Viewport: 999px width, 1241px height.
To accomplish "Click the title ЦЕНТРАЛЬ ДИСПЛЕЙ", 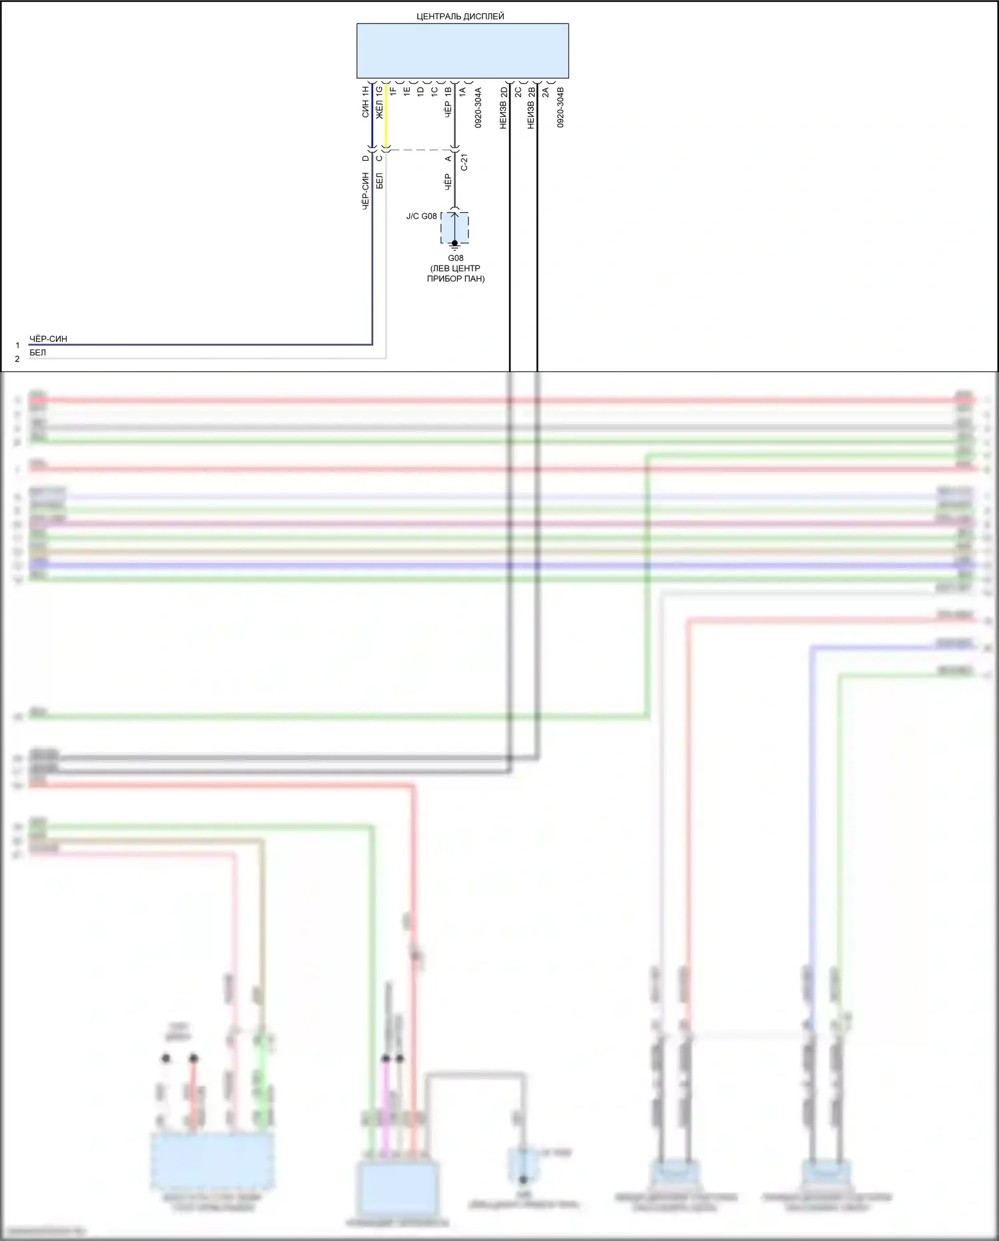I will click(460, 16).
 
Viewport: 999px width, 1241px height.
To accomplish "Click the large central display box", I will click(463, 51).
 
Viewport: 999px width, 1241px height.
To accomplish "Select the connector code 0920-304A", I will click(478, 107).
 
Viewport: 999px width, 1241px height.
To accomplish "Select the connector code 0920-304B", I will click(560, 107).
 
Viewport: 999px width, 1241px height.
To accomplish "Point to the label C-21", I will click(465, 162).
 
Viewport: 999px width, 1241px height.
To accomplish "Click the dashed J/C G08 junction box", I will click(455, 227).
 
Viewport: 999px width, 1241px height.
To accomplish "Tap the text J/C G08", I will click(421, 216).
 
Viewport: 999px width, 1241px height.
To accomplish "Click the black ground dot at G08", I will click(455, 243).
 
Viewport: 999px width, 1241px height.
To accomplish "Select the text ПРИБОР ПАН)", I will click(456, 279).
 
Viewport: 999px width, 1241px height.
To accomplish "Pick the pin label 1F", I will click(393, 91).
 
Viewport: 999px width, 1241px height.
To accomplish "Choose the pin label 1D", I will click(421, 91).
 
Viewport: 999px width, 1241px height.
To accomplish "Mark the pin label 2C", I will click(518, 91).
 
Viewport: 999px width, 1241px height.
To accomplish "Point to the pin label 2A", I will click(545, 91).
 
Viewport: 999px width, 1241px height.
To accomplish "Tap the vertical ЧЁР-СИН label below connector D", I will click(365, 191).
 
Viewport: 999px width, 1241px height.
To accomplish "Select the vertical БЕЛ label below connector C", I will click(379, 181).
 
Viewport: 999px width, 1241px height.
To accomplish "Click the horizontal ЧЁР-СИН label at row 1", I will click(48, 339).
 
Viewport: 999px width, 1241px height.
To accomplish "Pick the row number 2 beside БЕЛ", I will click(17, 359).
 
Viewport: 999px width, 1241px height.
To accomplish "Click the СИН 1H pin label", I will click(365, 101).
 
